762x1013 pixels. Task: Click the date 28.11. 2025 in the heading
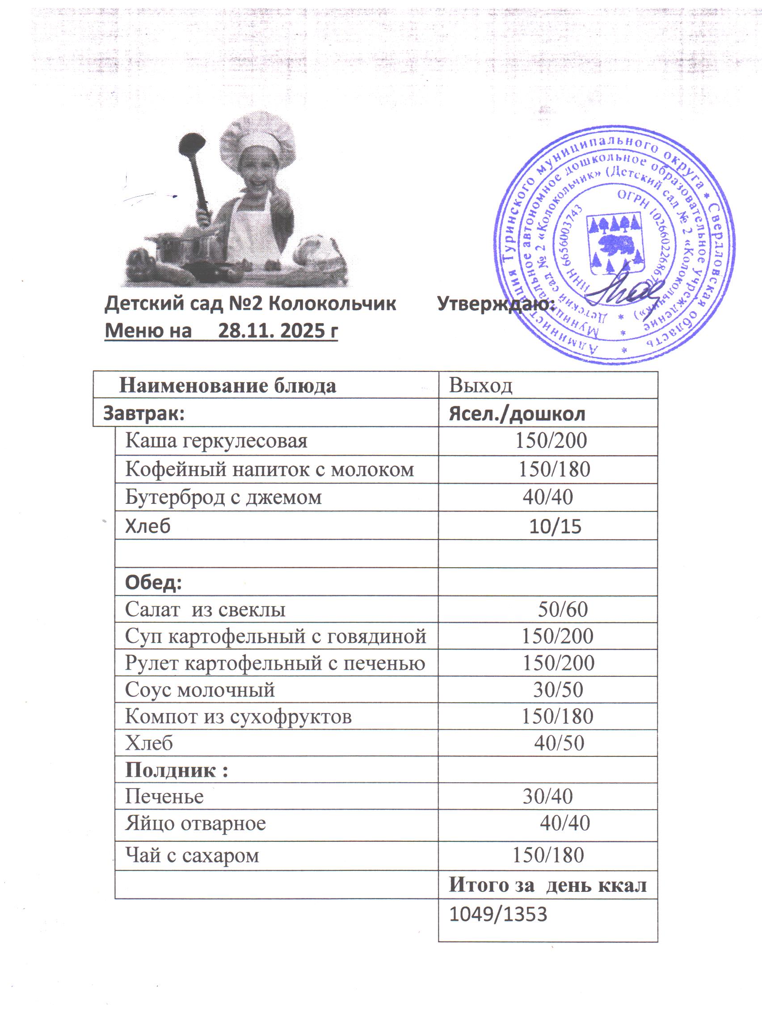pos(278,331)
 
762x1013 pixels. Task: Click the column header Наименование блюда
pos(227,386)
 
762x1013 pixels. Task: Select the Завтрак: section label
pos(144,413)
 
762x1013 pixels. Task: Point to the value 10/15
pos(555,526)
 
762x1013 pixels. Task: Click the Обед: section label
pos(153,582)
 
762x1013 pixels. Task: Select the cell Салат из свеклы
pos(205,609)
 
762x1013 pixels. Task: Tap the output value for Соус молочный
pos(558,690)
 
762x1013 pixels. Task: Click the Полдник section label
pos(176,770)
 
